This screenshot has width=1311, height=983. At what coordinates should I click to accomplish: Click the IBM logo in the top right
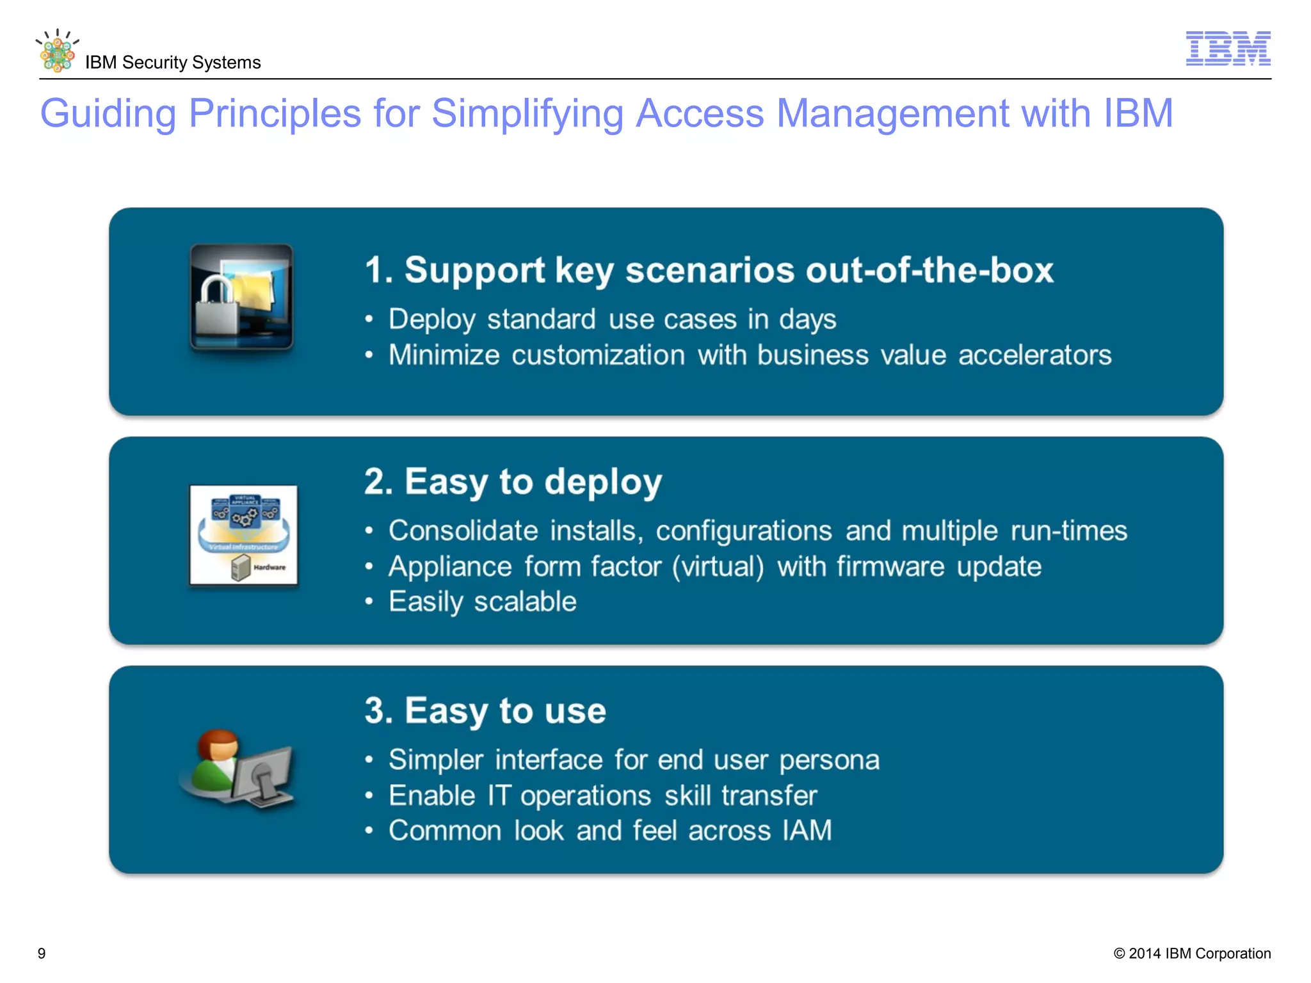(x=1227, y=49)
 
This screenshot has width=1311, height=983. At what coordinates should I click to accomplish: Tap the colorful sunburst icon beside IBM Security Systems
(x=57, y=52)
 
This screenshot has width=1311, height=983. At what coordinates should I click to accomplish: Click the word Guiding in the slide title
(x=108, y=114)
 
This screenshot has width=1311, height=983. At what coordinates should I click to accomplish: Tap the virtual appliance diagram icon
(x=243, y=535)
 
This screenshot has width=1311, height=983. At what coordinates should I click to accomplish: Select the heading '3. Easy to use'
(x=485, y=711)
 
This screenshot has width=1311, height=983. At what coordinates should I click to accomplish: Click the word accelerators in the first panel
(x=1034, y=355)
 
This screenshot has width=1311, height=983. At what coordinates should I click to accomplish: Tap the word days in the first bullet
(x=807, y=319)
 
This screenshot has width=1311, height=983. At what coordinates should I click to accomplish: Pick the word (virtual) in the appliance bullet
(x=718, y=567)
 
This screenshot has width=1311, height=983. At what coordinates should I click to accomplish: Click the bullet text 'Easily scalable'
(x=482, y=602)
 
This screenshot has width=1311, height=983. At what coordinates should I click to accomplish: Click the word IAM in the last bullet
(x=807, y=831)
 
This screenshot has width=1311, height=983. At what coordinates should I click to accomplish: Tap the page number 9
(x=42, y=954)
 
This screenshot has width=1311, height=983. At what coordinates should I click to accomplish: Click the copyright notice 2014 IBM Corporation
(x=1192, y=954)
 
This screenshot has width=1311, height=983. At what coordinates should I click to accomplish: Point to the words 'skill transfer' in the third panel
(x=740, y=796)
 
